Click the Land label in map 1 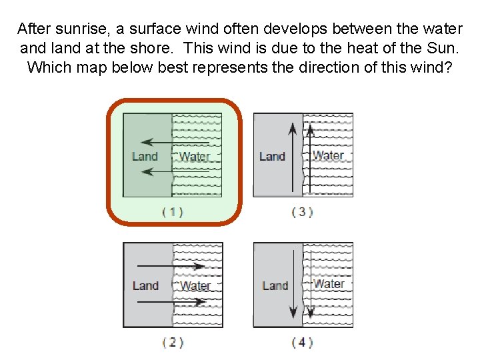tap(145, 157)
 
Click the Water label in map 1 tap(195, 157)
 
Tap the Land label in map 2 tap(145, 286)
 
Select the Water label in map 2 tap(195, 286)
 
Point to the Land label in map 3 tap(272, 156)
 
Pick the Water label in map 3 tap(329, 155)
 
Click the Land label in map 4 tap(275, 285)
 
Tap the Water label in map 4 tap(329, 283)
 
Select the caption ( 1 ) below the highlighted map tap(173, 212)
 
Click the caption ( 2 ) tap(173, 342)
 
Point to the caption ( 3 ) tap(303, 212)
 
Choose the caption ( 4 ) tap(303, 342)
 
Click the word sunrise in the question tap(75, 29)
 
